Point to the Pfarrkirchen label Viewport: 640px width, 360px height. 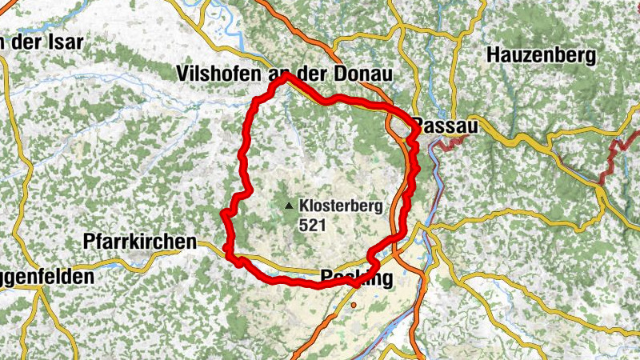click(x=140, y=242)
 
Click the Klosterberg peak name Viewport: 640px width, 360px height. click(x=341, y=206)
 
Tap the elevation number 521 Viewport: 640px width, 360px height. click(x=313, y=226)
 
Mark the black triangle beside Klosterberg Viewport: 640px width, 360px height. click(x=289, y=206)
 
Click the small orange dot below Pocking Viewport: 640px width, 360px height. click(x=353, y=305)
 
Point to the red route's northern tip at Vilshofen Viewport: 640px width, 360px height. click(x=282, y=78)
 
